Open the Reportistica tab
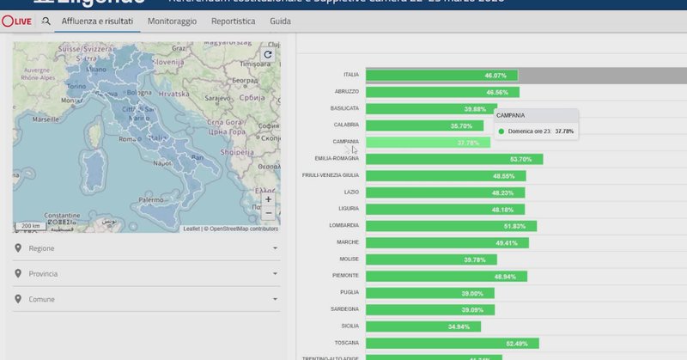click(233, 20)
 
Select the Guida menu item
click(280, 20)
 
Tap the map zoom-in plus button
click(268, 198)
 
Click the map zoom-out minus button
click(268, 212)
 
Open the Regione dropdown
click(146, 248)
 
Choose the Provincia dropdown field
click(146, 273)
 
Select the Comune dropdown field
click(146, 299)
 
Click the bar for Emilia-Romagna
click(454, 159)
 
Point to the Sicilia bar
click(423, 326)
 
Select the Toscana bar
click(453, 343)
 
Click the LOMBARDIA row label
click(344, 226)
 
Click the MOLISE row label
click(350, 259)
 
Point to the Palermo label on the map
click(151, 199)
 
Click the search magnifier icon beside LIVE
click(46, 20)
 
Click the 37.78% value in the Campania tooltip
click(564, 131)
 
